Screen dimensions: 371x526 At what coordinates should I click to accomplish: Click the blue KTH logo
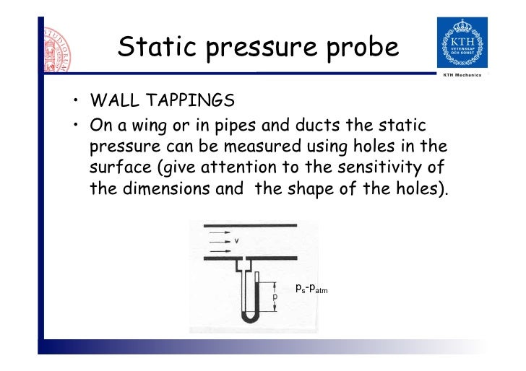tap(462, 43)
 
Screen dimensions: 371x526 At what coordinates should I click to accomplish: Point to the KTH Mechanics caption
tap(463, 75)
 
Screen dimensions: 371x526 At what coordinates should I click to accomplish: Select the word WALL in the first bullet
tap(111, 100)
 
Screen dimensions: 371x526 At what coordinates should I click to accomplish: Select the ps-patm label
tap(311, 289)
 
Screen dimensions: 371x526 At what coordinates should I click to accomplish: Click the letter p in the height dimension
tap(275, 297)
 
